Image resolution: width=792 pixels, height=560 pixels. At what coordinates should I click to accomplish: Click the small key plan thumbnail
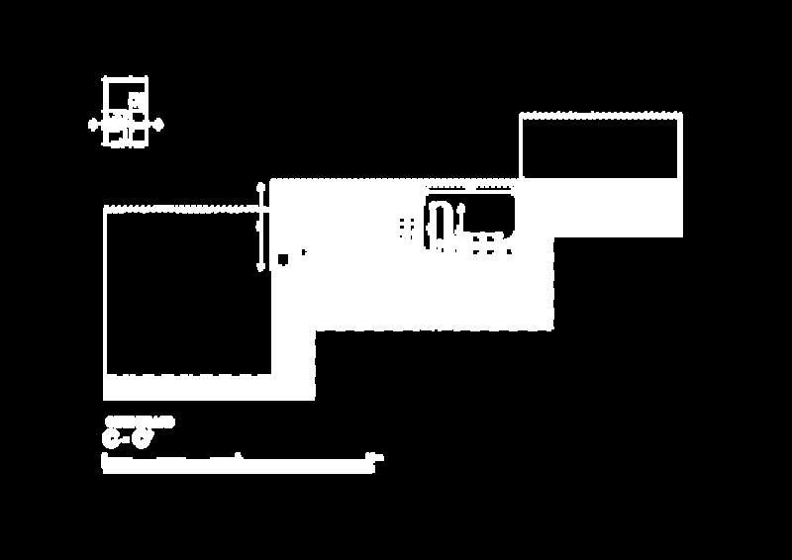(126, 111)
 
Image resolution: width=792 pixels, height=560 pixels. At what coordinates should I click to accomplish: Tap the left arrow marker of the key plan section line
(94, 125)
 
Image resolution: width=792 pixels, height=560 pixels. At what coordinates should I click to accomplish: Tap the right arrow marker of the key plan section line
(158, 125)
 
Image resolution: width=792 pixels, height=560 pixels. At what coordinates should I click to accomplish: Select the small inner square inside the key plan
(136, 100)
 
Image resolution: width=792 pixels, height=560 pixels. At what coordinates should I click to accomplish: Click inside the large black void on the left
(186, 292)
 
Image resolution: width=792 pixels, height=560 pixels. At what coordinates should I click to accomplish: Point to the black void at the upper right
(600, 147)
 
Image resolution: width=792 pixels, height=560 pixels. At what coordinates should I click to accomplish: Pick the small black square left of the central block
(283, 259)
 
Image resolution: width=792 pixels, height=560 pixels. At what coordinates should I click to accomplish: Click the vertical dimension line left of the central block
(261, 227)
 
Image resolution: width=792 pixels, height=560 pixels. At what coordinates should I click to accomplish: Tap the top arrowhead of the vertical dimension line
(261, 185)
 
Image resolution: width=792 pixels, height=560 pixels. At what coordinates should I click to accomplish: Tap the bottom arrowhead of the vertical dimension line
(261, 267)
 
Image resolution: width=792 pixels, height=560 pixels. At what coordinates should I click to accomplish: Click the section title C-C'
(129, 436)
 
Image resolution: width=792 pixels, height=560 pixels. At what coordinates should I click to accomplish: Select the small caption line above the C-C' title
(139, 421)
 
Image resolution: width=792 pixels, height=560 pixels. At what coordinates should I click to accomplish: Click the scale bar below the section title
(238, 462)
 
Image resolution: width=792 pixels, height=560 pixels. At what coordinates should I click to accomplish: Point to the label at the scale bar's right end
(374, 457)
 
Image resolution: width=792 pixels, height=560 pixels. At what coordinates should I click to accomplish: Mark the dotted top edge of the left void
(186, 209)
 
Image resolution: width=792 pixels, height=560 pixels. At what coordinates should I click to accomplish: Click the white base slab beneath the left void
(208, 387)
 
